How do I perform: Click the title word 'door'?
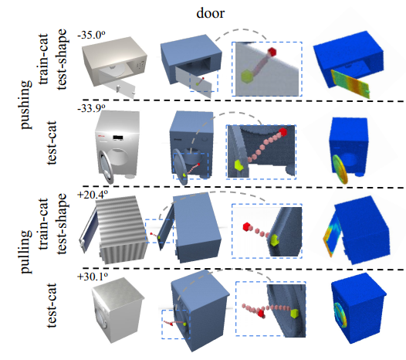pyautogui.click(x=210, y=13)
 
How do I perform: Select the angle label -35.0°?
pyautogui.click(x=91, y=35)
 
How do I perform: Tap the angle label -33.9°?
pyautogui.click(x=91, y=108)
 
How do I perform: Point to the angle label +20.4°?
pyautogui.click(x=93, y=194)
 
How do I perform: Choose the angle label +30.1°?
pyautogui.click(x=93, y=277)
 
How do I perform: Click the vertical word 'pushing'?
pyautogui.click(x=26, y=104)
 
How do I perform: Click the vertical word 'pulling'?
pyautogui.click(x=26, y=251)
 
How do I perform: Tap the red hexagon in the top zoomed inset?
pyautogui.click(x=272, y=52)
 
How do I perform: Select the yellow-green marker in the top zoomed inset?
pyautogui.click(x=246, y=76)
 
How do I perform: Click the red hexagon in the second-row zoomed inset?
pyautogui.click(x=283, y=131)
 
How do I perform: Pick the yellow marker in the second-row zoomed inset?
pyautogui.click(x=239, y=165)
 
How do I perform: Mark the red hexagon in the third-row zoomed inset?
pyautogui.click(x=247, y=226)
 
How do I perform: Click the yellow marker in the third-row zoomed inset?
pyautogui.click(x=274, y=240)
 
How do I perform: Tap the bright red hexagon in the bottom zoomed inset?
pyautogui.click(x=261, y=314)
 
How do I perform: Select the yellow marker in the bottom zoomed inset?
pyautogui.click(x=294, y=313)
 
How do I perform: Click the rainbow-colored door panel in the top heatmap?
pyautogui.click(x=350, y=83)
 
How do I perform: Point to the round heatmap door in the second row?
pyautogui.click(x=340, y=168)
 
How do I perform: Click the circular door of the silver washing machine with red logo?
pyautogui.click(x=106, y=167)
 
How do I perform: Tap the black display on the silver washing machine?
pyautogui.click(x=117, y=138)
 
